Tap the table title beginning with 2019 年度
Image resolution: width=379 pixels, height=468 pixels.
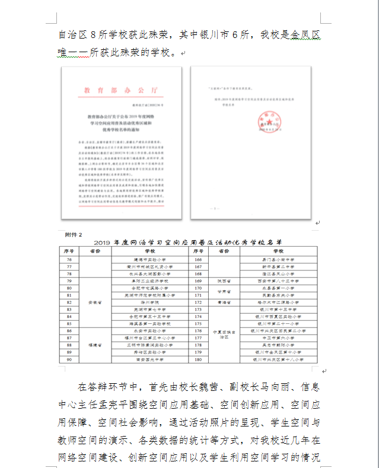tap(188, 243)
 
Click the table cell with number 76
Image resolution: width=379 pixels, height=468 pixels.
tap(70, 259)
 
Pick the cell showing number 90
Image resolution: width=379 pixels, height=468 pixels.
tap(70, 359)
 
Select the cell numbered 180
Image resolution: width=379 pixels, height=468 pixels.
tap(198, 359)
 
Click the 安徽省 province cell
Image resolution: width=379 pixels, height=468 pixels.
tap(96, 302)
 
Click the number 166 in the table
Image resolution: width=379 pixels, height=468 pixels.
tap(198, 259)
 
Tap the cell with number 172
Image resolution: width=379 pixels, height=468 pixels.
tap(198, 302)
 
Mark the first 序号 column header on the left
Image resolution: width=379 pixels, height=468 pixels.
tap(70, 251)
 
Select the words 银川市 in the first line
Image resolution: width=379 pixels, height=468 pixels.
tap(212, 36)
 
